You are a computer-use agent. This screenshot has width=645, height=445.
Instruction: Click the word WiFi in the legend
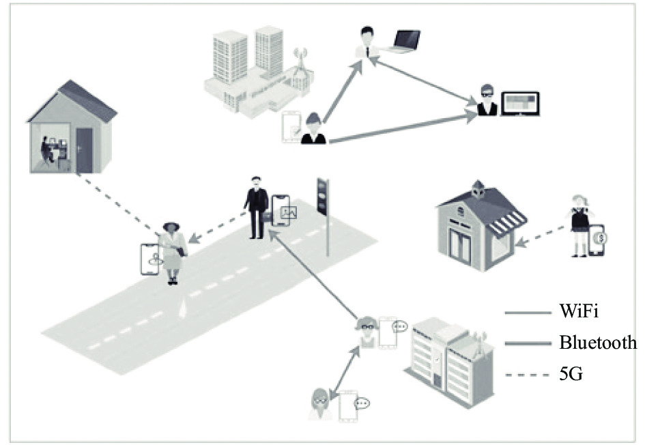[578, 311]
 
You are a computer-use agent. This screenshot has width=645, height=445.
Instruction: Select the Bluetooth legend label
[598, 342]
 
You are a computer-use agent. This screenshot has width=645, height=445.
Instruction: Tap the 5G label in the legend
[571, 374]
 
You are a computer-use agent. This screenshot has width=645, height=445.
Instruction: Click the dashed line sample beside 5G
[528, 375]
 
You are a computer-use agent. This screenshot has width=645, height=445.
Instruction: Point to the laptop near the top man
[405, 41]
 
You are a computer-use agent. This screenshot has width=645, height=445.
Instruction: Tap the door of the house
[85, 150]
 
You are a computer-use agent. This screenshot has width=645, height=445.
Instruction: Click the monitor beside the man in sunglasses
[520, 104]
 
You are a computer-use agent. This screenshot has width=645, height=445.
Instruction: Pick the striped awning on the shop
[509, 223]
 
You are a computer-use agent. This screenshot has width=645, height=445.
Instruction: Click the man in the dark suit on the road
[257, 207]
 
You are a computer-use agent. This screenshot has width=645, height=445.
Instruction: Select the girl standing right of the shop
[580, 225]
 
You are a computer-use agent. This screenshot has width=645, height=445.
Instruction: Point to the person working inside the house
[47, 151]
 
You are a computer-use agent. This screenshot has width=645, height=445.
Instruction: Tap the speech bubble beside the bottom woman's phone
[362, 403]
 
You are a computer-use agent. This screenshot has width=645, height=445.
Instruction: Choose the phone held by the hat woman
[149, 259]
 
